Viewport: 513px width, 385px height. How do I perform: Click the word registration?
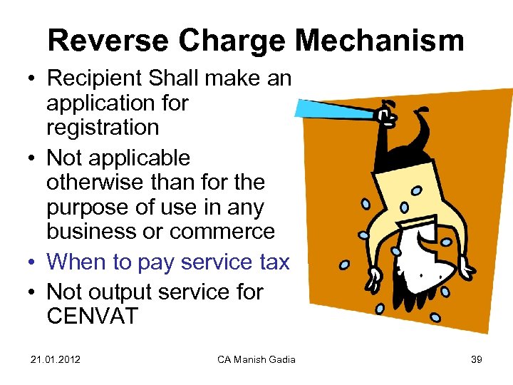click(102, 128)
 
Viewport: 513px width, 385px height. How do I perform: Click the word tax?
click(274, 262)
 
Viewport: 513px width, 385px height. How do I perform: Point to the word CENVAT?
click(92, 316)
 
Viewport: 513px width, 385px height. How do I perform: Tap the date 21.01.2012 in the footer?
click(56, 359)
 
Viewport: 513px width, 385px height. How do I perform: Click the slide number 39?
click(476, 359)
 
